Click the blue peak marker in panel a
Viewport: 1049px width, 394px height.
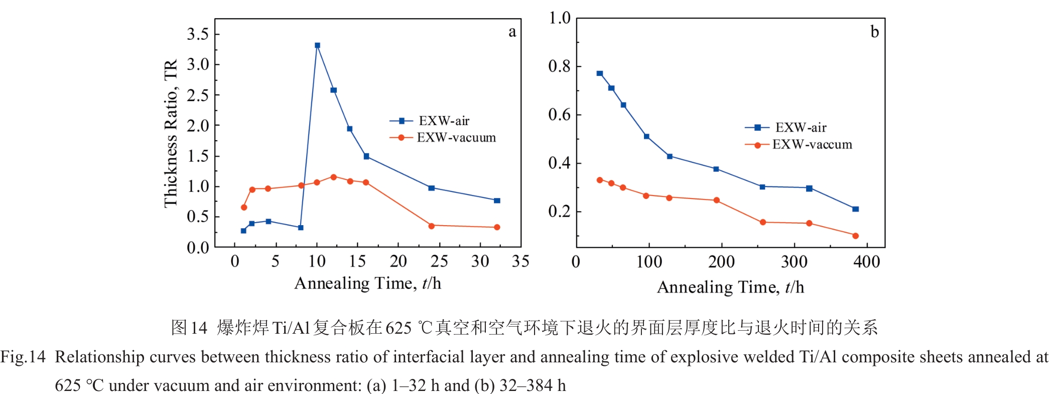(x=317, y=45)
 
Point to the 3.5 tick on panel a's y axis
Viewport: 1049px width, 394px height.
(x=198, y=34)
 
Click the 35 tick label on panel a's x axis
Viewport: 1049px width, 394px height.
(x=520, y=261)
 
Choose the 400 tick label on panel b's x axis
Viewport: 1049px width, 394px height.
(x=866, y=262)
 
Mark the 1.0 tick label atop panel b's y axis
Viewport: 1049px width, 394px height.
(x=560, y=18)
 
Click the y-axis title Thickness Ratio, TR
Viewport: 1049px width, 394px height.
(x=171, y=133)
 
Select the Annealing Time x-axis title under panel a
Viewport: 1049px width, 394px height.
(x=367, y=283)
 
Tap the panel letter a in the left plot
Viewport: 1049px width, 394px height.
(x=512, y=32)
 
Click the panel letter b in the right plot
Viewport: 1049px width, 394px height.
(x=874, y=32)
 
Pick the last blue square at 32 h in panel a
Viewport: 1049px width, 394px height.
(x=497, y=201)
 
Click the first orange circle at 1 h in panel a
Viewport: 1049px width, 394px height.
(x=244, y=207)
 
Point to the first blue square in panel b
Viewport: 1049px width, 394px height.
(x=600, y=73)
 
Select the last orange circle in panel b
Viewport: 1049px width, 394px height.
(x=855, y=236)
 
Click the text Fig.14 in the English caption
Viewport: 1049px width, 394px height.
(x=23, y=357)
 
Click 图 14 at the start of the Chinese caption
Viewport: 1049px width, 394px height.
(x=189, y=328)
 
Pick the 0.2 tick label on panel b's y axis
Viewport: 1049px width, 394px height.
(x=560, y=212)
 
